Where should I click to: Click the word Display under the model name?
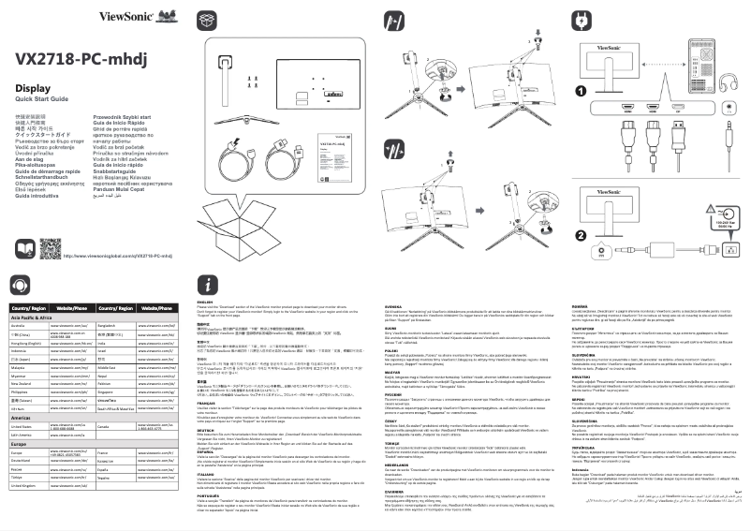[x=33, y=88]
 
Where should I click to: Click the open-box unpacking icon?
[x=208, y=19]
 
